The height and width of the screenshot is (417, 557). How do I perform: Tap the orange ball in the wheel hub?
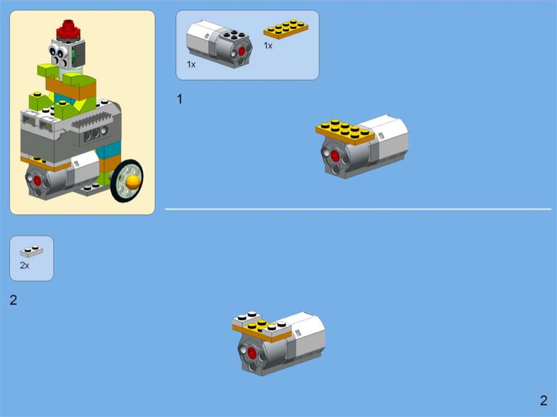tap(133, 182)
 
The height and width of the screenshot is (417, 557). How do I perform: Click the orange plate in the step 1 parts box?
tap(286, 29)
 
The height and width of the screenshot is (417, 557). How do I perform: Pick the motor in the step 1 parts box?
tap(219, 44)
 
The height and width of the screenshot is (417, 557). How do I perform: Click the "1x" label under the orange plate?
tap(268, 46)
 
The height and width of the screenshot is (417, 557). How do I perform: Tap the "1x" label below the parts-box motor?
tap(191, 64)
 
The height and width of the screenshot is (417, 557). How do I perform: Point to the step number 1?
tap(180, 99)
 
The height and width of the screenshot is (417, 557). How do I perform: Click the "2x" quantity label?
tap(24, 265)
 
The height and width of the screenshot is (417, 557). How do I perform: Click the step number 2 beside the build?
tap(13, 300)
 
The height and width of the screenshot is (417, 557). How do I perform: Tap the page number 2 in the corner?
tap(543, 400)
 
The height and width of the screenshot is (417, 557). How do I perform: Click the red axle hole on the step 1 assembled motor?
tap(335, 155)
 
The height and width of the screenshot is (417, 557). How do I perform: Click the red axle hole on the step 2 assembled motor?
tap(252, 353)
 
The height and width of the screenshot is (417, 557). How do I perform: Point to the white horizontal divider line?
tap(358, 209)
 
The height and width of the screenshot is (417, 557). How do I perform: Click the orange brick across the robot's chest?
tap(71, 88)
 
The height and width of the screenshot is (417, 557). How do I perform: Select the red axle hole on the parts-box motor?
tap(242, 52)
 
